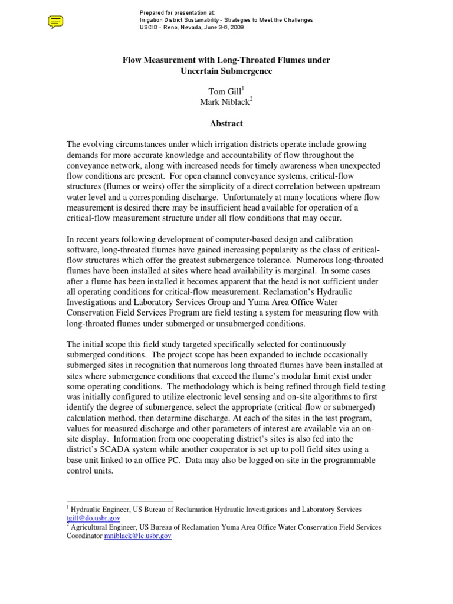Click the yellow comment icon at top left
click(x=55, y=22)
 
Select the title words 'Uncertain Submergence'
click(x=226, y=71)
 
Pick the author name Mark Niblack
click(x=225, y=101)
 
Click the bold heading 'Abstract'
click(x=226, y=123)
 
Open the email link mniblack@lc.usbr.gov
click(x=137, y=536)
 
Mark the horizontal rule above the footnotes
click(x=119, y=501)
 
